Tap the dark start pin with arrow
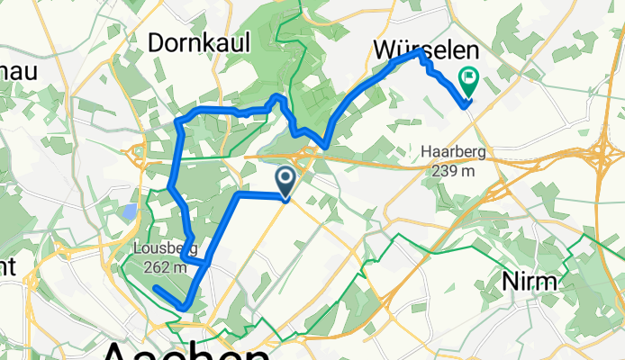pos(285,181)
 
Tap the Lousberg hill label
pos(160,249)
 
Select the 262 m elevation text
pos(165,265)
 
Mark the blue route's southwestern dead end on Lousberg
pos(156,288)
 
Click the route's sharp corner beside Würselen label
pos(419,54)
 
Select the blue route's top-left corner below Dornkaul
pos(179,121)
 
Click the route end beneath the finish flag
pos(467,104)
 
